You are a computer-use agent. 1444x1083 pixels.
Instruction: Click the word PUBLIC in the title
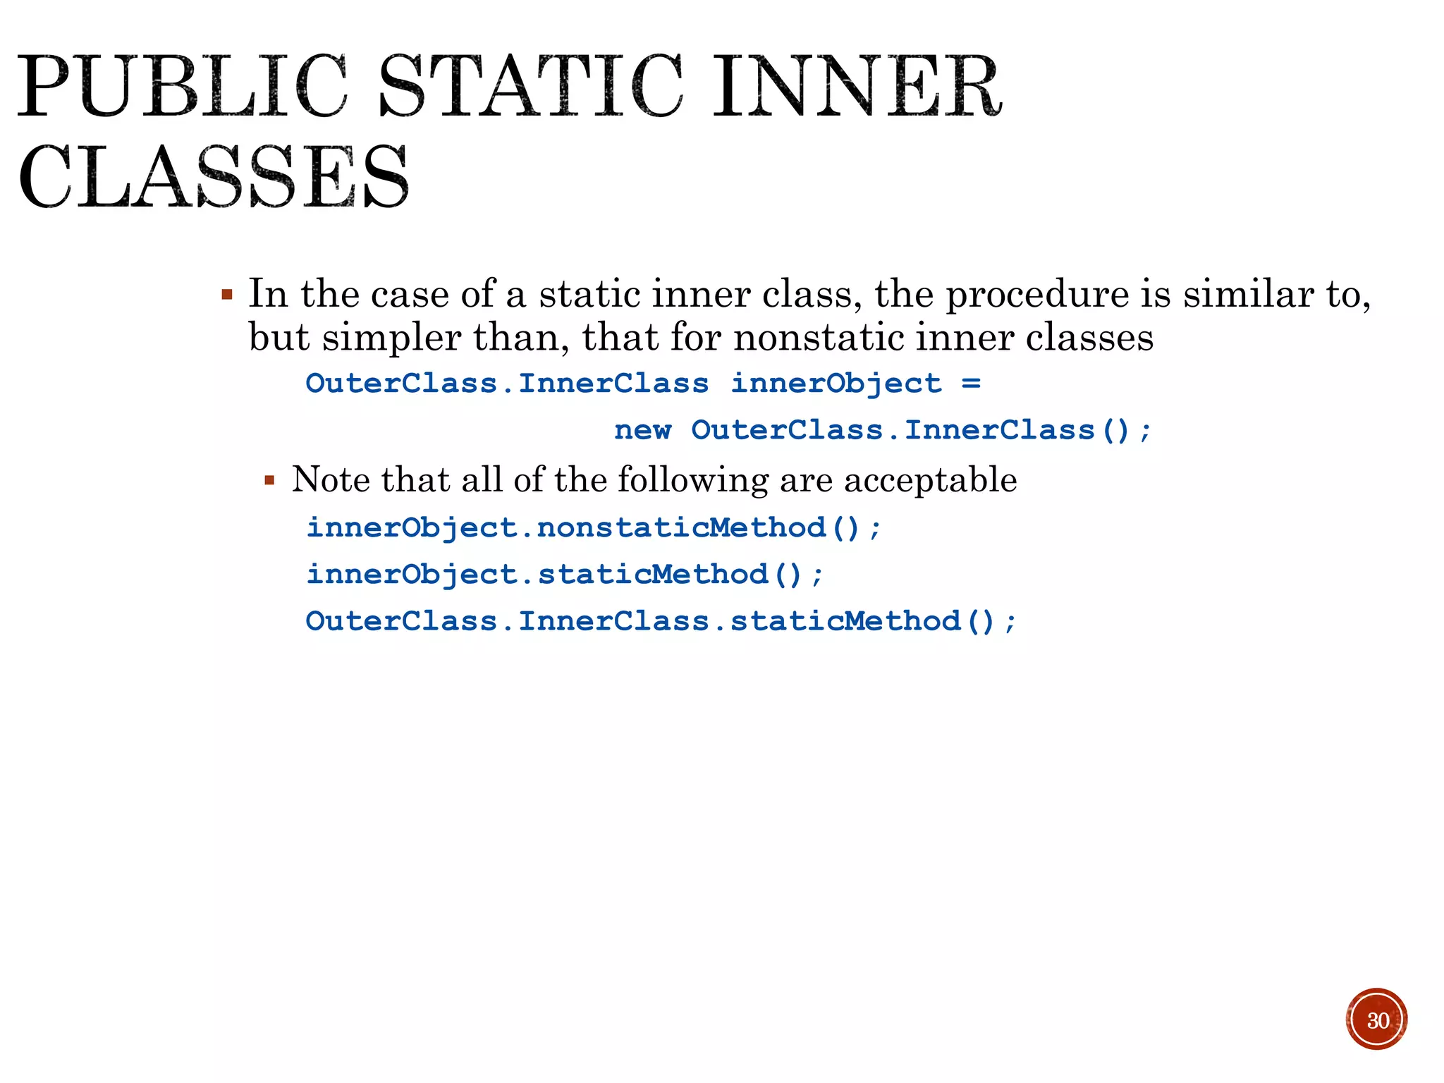tap(182, 87)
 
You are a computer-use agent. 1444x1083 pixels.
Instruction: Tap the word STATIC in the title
tap(531, 87)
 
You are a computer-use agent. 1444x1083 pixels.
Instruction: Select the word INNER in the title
tap(857, 87)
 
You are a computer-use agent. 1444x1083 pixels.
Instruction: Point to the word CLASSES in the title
tap(214, 176)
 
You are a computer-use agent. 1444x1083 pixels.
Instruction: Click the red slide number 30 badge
tap(1376, 1020)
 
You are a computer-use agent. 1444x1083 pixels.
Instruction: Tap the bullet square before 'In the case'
tap(227, 294)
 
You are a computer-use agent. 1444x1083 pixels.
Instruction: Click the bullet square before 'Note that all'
tap(269, 481)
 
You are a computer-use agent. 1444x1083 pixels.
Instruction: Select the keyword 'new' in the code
tap(642, 430)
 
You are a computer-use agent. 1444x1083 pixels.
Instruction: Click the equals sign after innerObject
tap(971, 384)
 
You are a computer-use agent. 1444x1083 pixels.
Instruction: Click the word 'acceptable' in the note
tap(930, 480)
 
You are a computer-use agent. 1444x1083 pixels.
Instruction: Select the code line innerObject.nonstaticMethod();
tap(594, 528)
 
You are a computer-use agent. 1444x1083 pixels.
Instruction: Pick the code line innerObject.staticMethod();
tap(565, 575)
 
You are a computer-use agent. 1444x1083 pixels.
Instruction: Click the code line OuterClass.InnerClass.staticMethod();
tap(661, 621)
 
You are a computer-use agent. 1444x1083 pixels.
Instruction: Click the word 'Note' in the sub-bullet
tap(331, 480)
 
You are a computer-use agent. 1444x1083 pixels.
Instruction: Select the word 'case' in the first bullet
tap(410, 294)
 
